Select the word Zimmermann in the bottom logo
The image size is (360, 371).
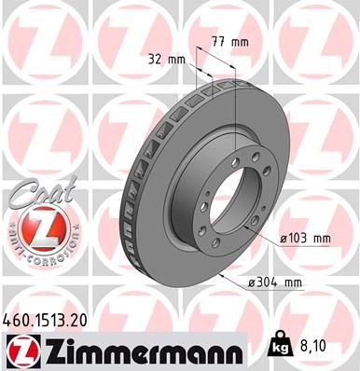(x=140, y=351)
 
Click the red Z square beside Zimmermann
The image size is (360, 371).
(x=21, y=351)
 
